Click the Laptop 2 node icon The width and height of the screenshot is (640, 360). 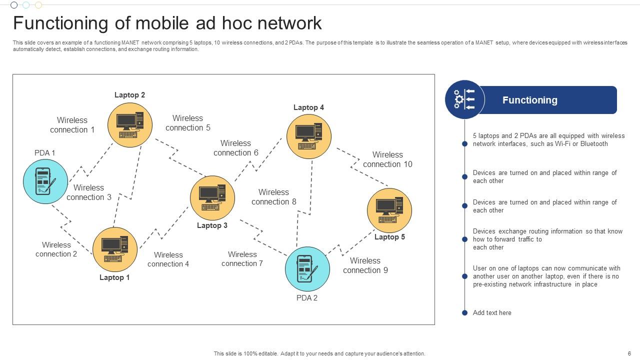[130, 125]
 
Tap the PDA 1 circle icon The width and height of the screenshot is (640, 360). [45, 181]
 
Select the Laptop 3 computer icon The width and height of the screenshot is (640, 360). [212, 198]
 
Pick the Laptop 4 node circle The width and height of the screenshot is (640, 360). [309, 136]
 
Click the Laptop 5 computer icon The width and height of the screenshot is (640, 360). [389, 210]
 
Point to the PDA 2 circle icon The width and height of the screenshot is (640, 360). [307, 269]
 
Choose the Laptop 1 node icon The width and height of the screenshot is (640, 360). [115, 249]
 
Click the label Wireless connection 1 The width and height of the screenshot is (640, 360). [72, 125]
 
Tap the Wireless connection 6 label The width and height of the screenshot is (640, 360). [235, 148]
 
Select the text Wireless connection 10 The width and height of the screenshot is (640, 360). [387, 159]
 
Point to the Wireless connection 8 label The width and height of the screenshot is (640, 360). [273, 197]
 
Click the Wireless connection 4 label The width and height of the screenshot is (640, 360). [168, 259]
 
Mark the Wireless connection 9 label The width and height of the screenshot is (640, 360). [365, 265]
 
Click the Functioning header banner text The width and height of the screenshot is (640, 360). [529, 100]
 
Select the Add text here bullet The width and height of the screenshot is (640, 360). [492, 313]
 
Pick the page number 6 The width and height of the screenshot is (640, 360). [629, 353]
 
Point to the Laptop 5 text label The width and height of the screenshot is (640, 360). [389, 237]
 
